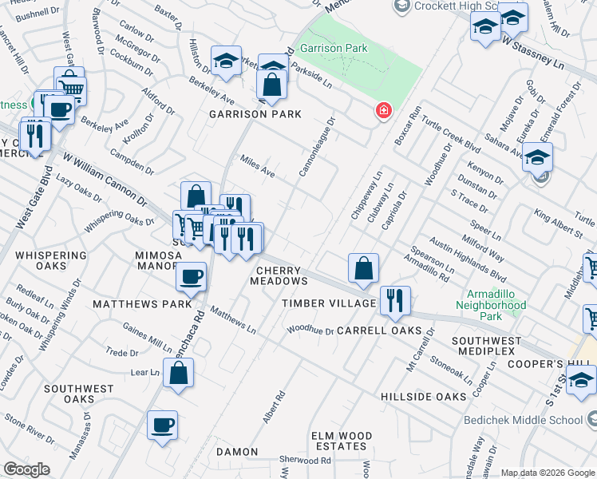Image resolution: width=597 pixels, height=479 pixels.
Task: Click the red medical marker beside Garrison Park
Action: point(384,110)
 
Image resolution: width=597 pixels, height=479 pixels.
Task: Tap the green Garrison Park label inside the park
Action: point(339,49)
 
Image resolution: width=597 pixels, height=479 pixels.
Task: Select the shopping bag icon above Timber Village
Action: point(363,268)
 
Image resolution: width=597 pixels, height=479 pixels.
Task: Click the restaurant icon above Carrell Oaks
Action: point(395,300)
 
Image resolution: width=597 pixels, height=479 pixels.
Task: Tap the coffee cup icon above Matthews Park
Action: point(191,276)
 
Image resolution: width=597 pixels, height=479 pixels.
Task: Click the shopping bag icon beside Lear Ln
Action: point(178,372)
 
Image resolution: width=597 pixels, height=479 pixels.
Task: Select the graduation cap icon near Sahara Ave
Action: point(538,156)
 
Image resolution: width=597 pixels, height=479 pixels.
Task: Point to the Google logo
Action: point(26,469)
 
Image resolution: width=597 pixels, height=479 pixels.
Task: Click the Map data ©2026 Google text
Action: point(548,473)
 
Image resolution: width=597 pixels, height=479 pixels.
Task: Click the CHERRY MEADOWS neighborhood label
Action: point(279,275)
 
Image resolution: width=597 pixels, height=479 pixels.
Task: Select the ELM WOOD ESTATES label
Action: point(340,441)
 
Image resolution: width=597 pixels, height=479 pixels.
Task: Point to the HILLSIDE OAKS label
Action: point(422,397)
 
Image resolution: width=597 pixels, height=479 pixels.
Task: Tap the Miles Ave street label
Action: point(258,167)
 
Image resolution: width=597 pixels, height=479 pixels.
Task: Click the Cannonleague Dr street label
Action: point(317,147)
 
